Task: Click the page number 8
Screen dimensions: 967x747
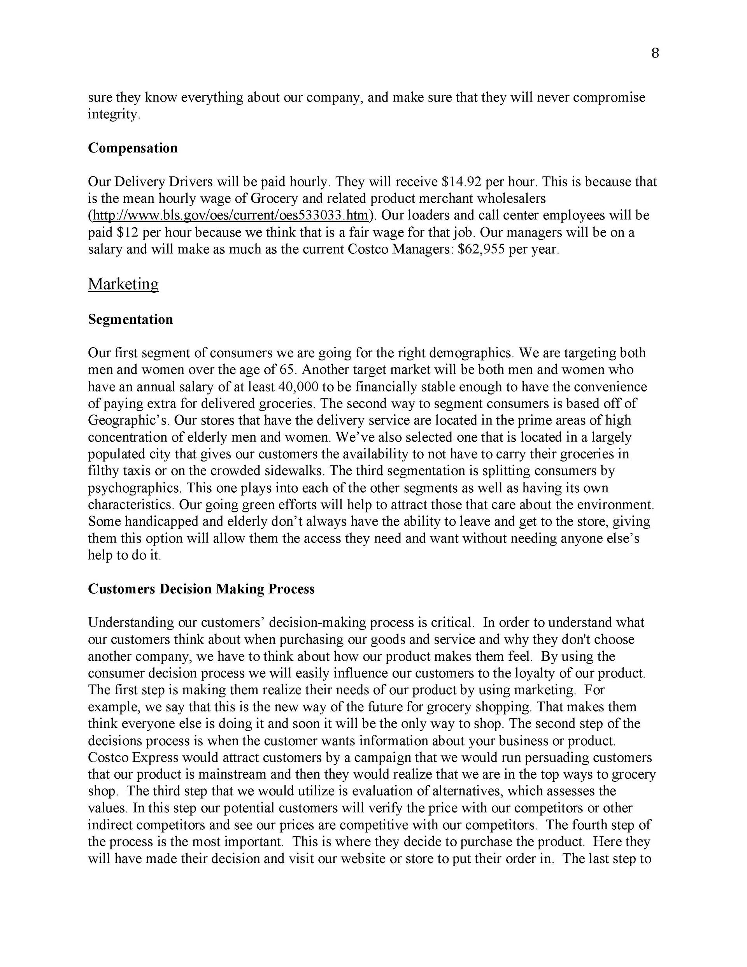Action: (x=655, y=53)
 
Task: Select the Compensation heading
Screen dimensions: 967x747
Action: (x=133, y=148)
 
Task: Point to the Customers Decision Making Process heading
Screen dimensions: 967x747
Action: (x=201, y=589)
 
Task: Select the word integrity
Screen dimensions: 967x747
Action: (x=114, y=114)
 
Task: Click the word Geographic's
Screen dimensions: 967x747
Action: (x=126, y=420)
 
